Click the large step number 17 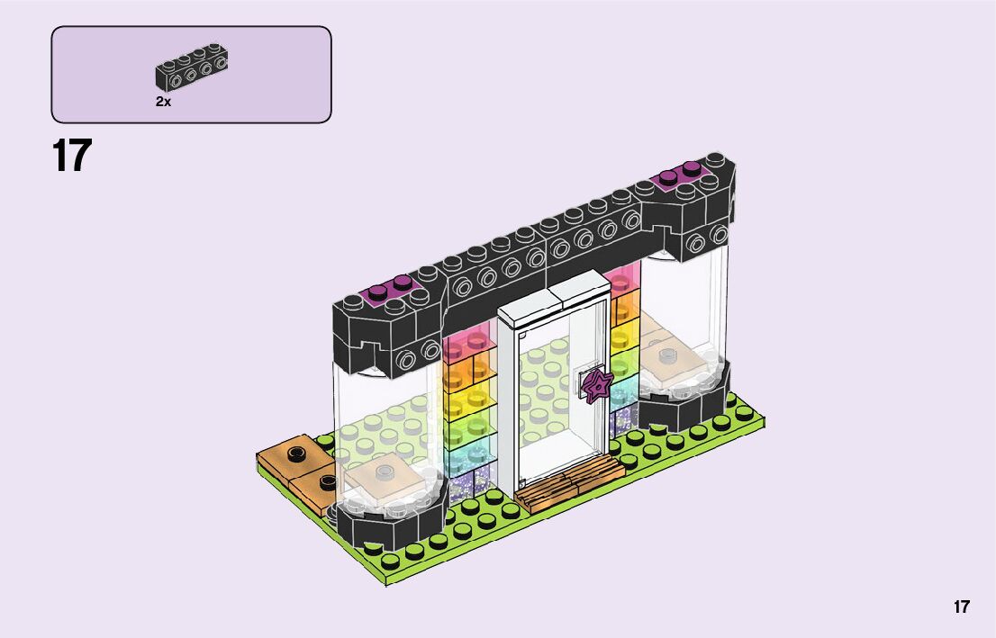[x=72, y=156]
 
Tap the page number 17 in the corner [x=961, y=607]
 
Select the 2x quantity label [x=163, y=102]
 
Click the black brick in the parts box [x=191, y=67]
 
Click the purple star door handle [x=597, y=386]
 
